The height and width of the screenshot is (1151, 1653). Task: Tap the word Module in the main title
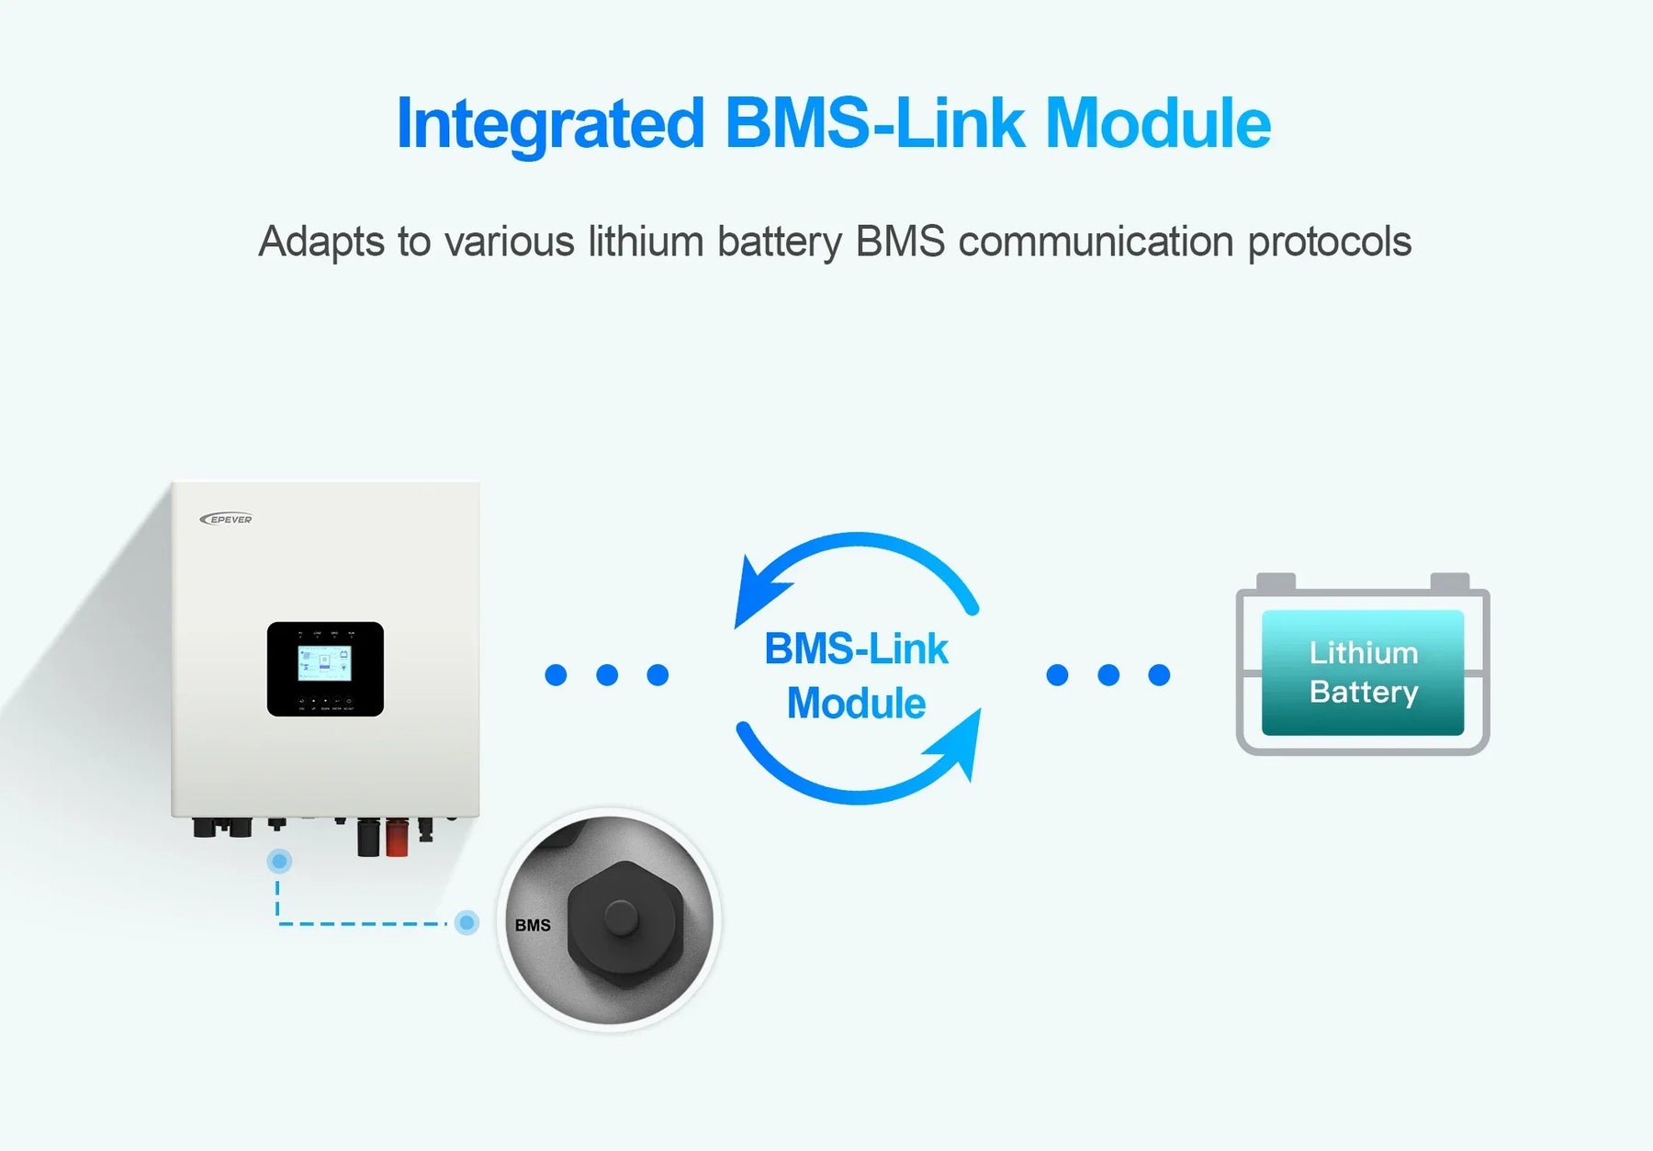(x=1158, y=125)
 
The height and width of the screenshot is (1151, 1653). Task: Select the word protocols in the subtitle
(x=1329, y=243)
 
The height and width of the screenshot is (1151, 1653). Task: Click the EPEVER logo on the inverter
(x=226, y=519)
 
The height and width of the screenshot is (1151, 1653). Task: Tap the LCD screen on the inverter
(x=324, y=662)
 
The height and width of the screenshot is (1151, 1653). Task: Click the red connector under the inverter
(x=397, y=838)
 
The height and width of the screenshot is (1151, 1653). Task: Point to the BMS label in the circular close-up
(x=533, y=925)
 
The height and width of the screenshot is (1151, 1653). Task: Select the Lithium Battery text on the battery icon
(x=1363, y=672)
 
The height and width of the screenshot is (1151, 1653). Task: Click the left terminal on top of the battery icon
(x=1276, y=581)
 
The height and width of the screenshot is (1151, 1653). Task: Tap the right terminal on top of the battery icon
(x=1449, y=581)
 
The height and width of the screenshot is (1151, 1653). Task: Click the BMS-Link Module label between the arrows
(x=856, y=675)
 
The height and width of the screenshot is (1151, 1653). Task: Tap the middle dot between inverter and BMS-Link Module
(x=607, y=675)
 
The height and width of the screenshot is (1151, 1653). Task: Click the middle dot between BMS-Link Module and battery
(x=1108, y=675)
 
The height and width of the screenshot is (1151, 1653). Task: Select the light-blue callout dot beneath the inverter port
(x=279, y=861)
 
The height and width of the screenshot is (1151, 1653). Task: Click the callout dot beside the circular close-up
(x=467, y=922)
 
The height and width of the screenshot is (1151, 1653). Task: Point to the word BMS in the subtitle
(x=900, y=243)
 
